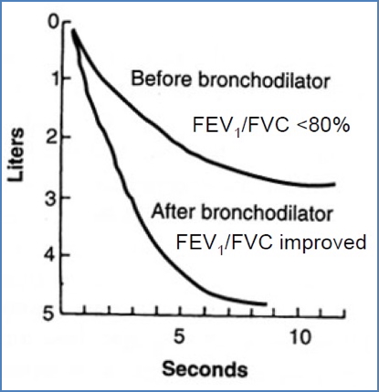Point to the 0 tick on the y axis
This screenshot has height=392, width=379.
click(53, 20)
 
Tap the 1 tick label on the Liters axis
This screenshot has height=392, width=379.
click(53, 78)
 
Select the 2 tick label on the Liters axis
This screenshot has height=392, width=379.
click(53, 138)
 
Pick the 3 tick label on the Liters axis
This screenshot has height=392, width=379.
click(53, 197)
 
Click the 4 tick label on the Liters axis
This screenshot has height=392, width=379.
click(53, 255)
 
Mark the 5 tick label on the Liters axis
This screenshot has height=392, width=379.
click(53, 315)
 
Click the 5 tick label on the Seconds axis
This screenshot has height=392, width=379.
click(181, 335)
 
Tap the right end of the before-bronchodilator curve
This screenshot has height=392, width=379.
click(334, 184)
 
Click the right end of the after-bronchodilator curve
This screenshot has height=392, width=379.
click(265, 304)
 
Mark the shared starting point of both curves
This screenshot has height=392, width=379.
click(73, 31)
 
